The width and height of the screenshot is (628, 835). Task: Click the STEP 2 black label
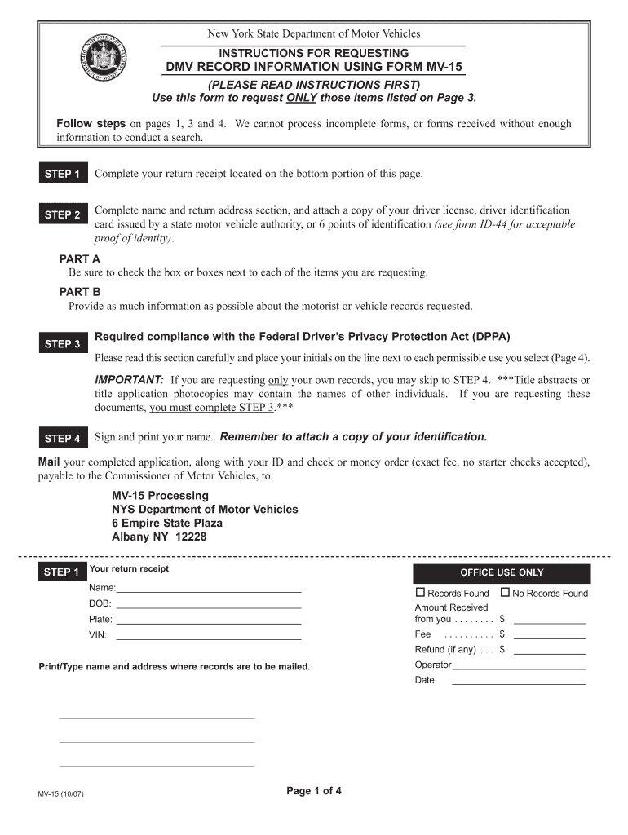pos(62,215)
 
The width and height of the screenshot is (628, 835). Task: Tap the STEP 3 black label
pos(62,344)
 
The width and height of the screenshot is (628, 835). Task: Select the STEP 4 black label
pos(62,439)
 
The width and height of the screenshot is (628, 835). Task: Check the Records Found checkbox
pos(421,593)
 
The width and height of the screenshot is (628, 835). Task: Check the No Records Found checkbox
pos(505,593)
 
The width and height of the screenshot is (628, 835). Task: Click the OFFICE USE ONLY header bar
pos(502,572)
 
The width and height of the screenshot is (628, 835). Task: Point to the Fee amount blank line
pos(549,634)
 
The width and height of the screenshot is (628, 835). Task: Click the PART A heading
pos(80,258)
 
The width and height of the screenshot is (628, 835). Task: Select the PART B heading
pos(80,292)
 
